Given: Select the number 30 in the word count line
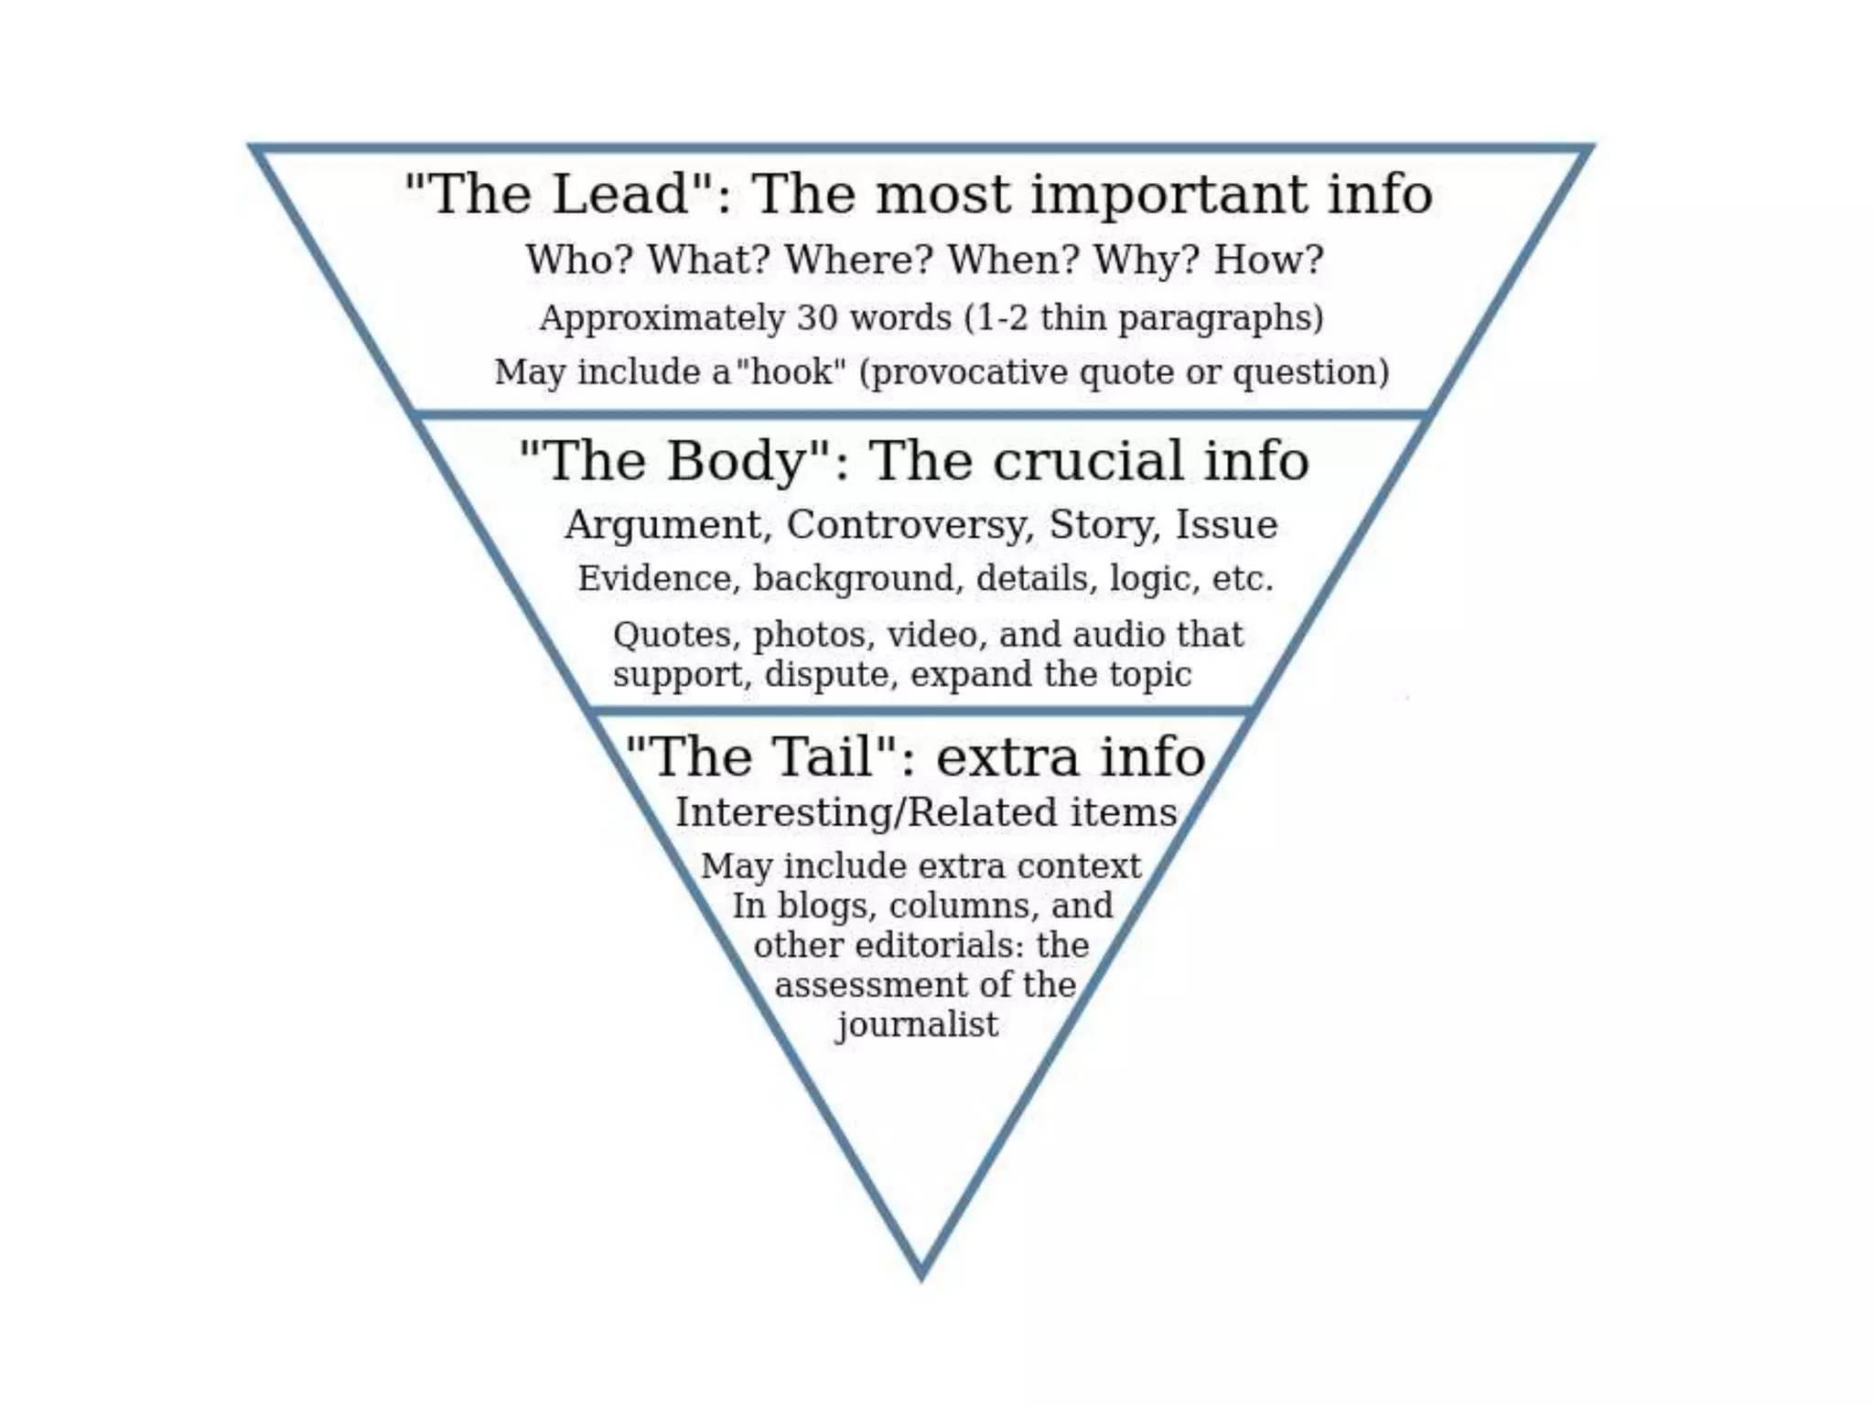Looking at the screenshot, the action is point(817,317).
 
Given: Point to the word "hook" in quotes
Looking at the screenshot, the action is point(791,372).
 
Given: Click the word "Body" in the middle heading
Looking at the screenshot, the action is point(736,460).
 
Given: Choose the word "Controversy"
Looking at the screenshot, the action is point(910,524).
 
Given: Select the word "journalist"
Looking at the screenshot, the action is point(917,1024).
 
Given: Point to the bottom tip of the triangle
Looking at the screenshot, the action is point(921,1273).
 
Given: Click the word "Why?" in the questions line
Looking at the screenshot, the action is point(1146,260).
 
